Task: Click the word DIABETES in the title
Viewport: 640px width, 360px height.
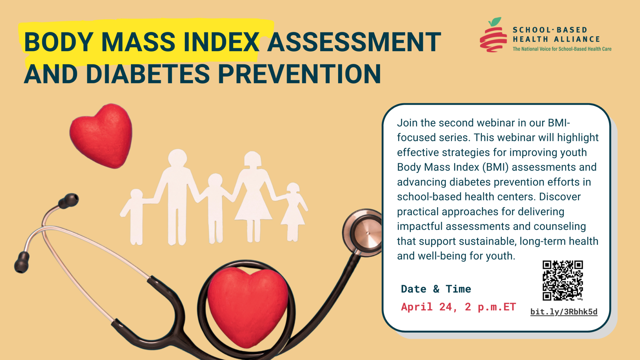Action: [x=148, y=74]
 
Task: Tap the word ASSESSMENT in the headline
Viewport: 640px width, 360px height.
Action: [x=354, y=42]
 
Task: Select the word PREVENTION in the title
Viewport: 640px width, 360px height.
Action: [x=299, y=74]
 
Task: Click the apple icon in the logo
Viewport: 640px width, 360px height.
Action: [x=493, y=36]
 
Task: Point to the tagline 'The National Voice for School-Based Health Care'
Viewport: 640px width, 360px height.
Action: [x=562, y=49]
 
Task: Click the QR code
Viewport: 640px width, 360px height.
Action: [x=562, y=280]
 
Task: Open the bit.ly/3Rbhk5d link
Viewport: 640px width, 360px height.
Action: [x=564, y=312]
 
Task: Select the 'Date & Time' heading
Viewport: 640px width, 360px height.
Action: [x=436, y=289]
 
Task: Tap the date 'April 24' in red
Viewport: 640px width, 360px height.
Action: [x=427, y=307]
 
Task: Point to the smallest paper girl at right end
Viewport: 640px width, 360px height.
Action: [x=293, y=212]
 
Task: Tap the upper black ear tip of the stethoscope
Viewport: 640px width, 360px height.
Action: [x=69, y=200]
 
